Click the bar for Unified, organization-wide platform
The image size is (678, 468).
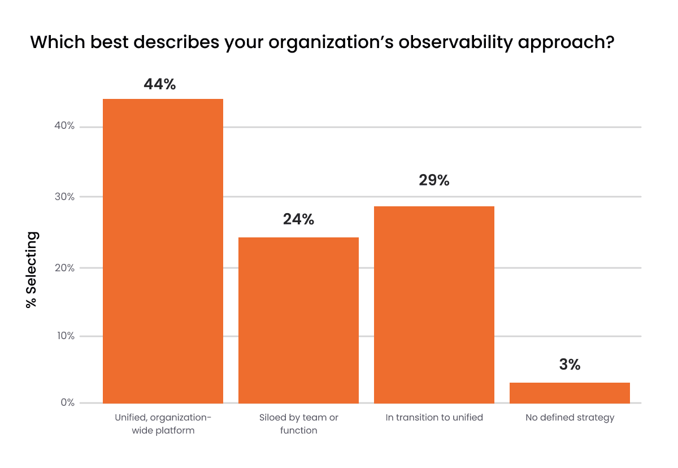pyautogui.click(x=163, y=251)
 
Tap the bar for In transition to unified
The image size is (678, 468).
pyautogui.click(x=434, y=305)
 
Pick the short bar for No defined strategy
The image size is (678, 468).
pyautogui.click(x=570, y=393)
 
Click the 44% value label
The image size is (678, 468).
pyautogui.click(x=160, y=84)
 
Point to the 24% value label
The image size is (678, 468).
pyautogui.click(x=298, y=219)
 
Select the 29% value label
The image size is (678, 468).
pyautogui.click(x=434, y=180)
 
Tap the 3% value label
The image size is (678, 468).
pyautogui.click(x=570, y=365)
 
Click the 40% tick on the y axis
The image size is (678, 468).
pyautogui.click(x=64, y=126)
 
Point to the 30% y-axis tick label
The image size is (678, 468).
pyautogui.click(x=64, y=197)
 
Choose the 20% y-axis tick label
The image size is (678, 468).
pyautogui.click(x=64, y=267)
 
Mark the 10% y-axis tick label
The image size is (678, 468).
pyautogui.click(x=64, y=336)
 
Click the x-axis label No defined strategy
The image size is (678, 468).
pyautogui.click(x=570, y=418)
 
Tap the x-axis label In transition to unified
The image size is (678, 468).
pyautogui.click(x=434, y=418)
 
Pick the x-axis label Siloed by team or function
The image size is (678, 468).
pyautogui.click(x=298, y=424)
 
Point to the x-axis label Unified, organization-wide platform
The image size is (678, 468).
pyautogui.click(x=163, y=424)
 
